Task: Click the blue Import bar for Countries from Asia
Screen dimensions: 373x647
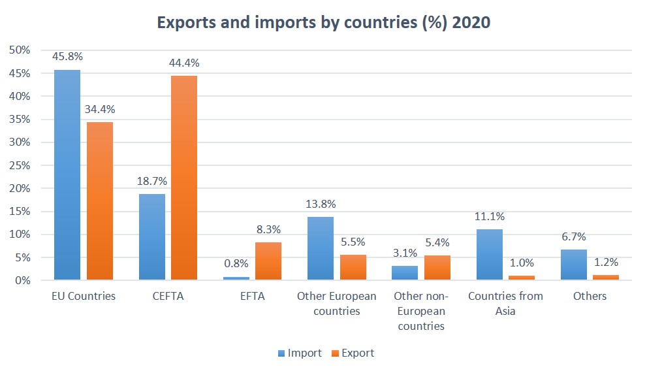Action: [x=489, y=255]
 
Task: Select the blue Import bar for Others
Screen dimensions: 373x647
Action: [x=574, y=265]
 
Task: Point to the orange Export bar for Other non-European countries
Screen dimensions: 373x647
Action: [x=437, y=268]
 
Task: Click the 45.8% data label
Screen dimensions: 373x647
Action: [x=67, y=57]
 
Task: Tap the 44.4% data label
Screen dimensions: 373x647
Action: [x=184, y=63]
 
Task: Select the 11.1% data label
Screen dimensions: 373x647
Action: [x=489, y=216]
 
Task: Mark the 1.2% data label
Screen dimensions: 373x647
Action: [x=605, y=263]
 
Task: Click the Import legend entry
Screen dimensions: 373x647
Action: [x=300, y=353]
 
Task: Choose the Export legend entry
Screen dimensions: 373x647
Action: [x=353, y=353]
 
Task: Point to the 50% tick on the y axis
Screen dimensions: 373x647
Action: [x=19, y=50]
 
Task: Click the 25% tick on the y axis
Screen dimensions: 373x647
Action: [x=19, y=165]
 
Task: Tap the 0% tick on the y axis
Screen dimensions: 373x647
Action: [x=22, y=280]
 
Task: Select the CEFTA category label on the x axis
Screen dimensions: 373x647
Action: [x=168, y=296]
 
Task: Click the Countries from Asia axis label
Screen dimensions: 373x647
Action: [x=505, y=303]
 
